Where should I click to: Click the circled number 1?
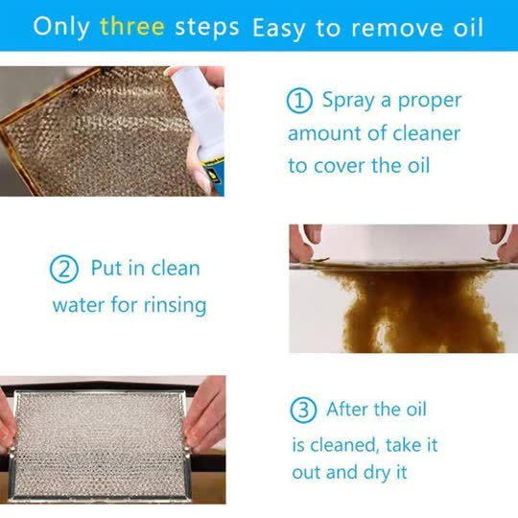pos(299,101)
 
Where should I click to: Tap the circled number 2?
pos(62,270)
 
